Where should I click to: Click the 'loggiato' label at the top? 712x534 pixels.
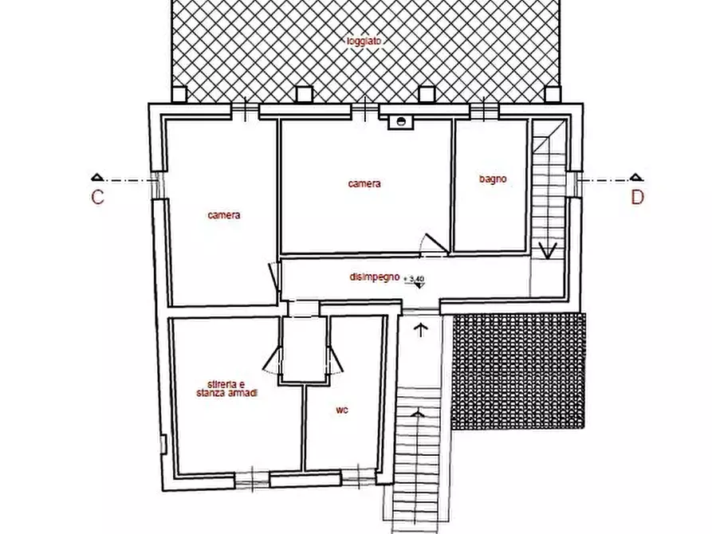(x=364, y=40)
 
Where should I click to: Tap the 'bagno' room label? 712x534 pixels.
(x=493, y=179)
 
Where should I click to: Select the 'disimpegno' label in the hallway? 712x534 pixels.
(x=374, y=277)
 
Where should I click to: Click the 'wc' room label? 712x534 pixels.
(x=341, y=410)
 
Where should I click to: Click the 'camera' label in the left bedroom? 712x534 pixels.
(x=224, y=214)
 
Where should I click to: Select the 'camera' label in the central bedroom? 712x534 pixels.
(x=364, y=183)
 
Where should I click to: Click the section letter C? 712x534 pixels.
(x=97, y=198)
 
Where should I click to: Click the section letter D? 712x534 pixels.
(x=637, y=198)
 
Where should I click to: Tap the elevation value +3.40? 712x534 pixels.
(x=415, y=278)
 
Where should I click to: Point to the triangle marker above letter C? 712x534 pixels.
(x=97, y=177)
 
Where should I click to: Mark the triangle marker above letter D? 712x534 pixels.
(x=635, y=177)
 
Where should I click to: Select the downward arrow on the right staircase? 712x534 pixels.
(x=547, y=250)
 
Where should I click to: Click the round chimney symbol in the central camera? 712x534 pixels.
(x=403, y=122)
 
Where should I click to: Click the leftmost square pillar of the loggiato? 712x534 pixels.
(x=179, y=94)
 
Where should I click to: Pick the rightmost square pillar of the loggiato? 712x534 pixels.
(x=552, y=94)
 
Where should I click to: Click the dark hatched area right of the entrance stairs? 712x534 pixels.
(x=518, y=371)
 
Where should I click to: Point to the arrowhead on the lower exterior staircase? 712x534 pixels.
(x=417, y=414)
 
